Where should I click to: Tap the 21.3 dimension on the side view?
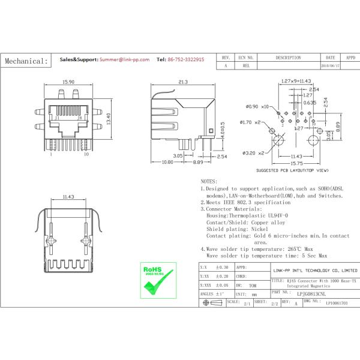tap(184, 82)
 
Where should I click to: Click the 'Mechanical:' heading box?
tap(26, 61)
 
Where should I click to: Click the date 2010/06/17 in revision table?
tap(331, 66)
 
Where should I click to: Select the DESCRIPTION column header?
tap(288, 58)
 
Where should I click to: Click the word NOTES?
tap(209, 180)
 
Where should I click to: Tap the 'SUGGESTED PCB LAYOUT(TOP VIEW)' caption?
tap(292, 170)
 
